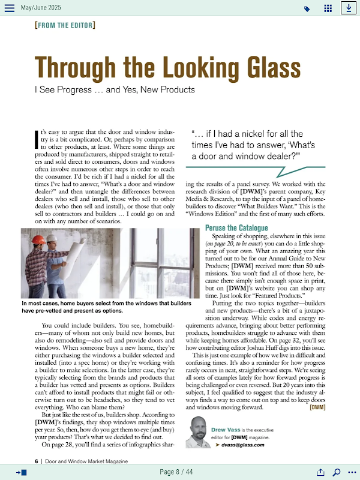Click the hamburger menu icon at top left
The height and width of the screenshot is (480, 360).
[x=10, y=8]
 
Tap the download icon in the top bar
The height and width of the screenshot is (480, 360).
[x=348, y=8]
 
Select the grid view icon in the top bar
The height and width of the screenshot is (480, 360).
[x=328, y=8]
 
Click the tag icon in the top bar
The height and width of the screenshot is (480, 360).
[x=307, y=9]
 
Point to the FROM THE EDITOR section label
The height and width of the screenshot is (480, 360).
[x=65, y=25]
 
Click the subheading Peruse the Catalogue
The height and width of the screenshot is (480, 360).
[x=236, y=228]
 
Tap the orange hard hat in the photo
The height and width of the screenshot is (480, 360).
[x=39, y=239]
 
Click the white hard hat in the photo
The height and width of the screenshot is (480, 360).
[x=52, y=238]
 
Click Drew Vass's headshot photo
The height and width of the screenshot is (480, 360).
[x=197, y=431]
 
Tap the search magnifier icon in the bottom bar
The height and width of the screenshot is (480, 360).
[x=337, y=472]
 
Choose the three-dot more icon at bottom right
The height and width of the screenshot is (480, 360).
[x=352, y=472]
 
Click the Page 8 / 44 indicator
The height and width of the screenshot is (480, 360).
[x=176, y=472]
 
